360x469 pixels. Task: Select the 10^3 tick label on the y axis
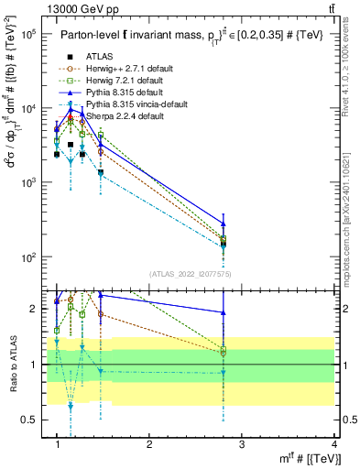[27, 182]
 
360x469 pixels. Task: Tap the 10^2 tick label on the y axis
[27, 256]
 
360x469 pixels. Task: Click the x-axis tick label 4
[334, 443]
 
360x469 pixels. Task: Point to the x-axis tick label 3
[242, 443]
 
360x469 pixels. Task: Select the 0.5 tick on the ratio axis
[29, 420]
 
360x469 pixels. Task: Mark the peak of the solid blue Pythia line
[71, 109]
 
